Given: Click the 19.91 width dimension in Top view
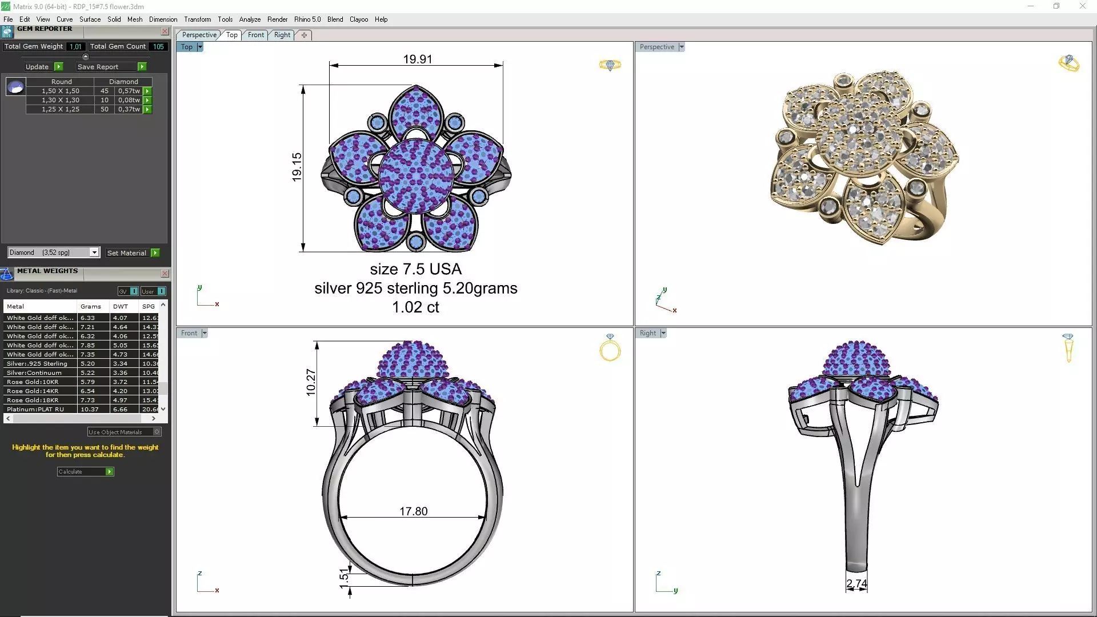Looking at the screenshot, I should pos(417,59).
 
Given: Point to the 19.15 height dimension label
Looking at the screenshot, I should pos(297,167).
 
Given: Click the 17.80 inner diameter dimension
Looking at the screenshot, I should pos(413,511).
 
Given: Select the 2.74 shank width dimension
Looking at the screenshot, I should pos(856,583).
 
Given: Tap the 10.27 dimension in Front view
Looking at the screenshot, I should pos(311,382).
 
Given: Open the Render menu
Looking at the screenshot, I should pos(277,19).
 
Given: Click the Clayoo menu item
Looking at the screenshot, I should pos(358,19).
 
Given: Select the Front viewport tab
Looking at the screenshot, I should pos(255,35).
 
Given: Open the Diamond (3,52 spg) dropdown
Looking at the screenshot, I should pos(94,253).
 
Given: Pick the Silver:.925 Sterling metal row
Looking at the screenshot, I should pos(37,363).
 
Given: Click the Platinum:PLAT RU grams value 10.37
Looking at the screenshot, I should pos(89,409).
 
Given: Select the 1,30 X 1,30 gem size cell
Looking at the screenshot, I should pos(60,100).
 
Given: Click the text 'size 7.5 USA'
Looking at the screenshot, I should pos(415,269).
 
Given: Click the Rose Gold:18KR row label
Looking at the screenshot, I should pos(33,400).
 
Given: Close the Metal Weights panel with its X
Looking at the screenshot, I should pos(165,274).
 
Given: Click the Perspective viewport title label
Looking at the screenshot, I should pos(656,47).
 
